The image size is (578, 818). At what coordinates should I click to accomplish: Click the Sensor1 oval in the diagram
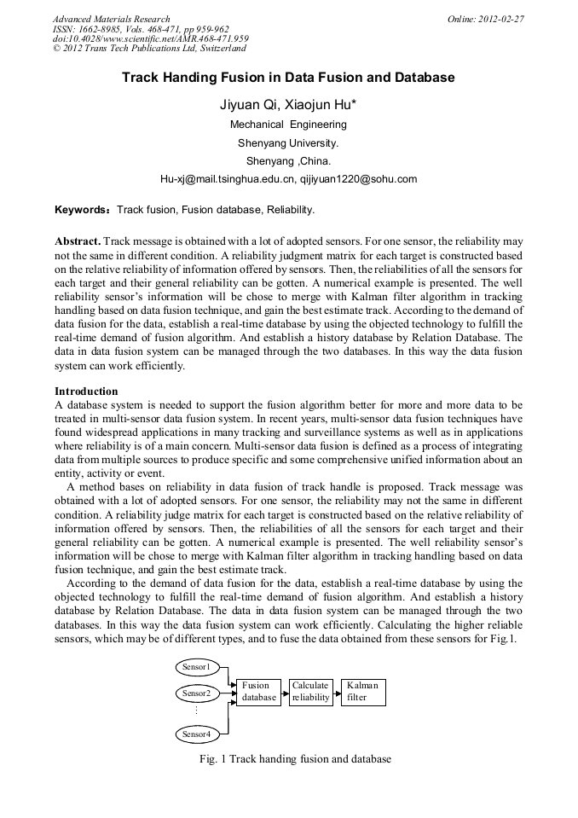(198, 665)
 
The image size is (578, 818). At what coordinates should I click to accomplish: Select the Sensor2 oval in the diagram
(198, 693)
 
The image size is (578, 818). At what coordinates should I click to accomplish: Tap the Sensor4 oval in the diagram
(198, 734)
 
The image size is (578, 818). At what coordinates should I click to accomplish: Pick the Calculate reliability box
(310, 692)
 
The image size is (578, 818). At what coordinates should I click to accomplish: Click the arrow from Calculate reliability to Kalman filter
(336, 693)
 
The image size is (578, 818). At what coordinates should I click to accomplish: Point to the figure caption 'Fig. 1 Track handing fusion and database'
(294, 759)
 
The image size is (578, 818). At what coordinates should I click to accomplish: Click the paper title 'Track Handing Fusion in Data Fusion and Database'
(288, 78)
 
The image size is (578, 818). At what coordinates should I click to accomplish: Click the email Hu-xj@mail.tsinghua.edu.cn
(227, 179)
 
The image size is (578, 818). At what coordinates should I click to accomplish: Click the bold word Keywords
(81, 209)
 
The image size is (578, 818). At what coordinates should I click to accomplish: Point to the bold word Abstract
(78, 241)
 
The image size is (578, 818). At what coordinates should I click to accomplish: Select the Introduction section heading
(86, 392)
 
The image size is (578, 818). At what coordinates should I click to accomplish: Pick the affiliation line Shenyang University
(288, 142)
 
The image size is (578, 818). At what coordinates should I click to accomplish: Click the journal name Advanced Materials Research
(111, 19)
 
